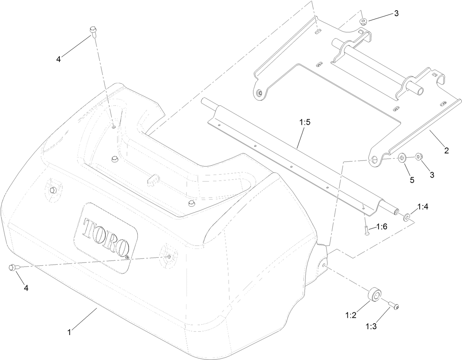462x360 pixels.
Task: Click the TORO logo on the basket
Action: click(x=106, y=238)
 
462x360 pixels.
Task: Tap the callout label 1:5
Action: click(x=305, y=123)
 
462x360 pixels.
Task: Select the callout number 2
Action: click(x=447, y=150)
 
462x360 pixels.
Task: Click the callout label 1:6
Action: click(x=382, y=227)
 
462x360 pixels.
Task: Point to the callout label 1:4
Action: click(x=423, y=207)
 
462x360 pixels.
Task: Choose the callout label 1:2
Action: click(x=351, y=315)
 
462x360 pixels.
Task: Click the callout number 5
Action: click(x=412, y=180)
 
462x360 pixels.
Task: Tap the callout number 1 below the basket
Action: click(x=69, y=332)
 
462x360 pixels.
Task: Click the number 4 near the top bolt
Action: click(x=58, y=59)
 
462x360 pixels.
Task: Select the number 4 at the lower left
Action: click(x=26, y=288)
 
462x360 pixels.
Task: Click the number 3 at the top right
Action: click(x=396, y=13)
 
